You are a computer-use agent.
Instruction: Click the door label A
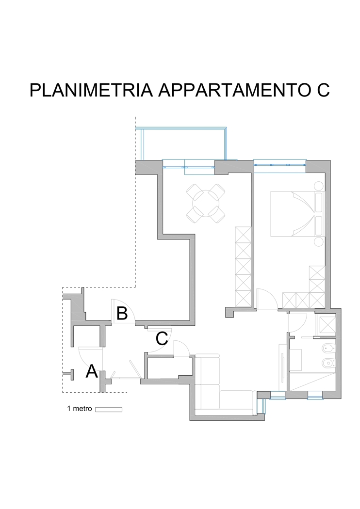(x=92, y=371)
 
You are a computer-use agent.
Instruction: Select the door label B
(x=122, y=314)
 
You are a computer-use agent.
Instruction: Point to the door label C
(x=162, y=338)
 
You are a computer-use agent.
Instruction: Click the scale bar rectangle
(x=109, y=410)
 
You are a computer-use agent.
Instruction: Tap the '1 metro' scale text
(x=79, y=409)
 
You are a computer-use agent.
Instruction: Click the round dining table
(x=206, y=204)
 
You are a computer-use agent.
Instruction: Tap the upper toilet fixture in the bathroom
(x=328, y=349)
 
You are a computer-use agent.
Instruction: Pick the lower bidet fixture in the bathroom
(x=328, y=363)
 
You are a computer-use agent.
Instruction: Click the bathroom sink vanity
(x=295, y=360)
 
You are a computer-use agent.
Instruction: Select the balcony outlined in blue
(x=181, y=143)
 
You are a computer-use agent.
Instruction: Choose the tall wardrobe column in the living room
(x=243, y=266)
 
